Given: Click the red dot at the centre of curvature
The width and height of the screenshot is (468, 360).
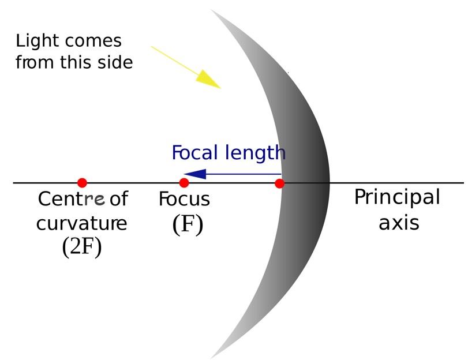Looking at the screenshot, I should click(82, 183).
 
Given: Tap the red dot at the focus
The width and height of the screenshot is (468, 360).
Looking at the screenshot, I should click(184, 183).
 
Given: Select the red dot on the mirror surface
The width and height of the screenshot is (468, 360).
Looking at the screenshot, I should click(280, 183).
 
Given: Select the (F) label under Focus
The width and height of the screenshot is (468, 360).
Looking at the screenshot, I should click(188, 224).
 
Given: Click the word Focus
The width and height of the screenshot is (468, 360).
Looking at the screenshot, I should click(184, 200).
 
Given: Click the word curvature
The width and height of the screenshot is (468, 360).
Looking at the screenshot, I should click(81, 223).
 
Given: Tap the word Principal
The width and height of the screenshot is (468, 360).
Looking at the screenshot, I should click(396, 198).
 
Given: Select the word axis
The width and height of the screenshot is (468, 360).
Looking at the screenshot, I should click(398, 222).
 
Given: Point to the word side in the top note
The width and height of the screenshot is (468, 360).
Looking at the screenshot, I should click(115, 61).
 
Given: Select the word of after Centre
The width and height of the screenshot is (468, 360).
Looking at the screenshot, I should click(118, 200).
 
